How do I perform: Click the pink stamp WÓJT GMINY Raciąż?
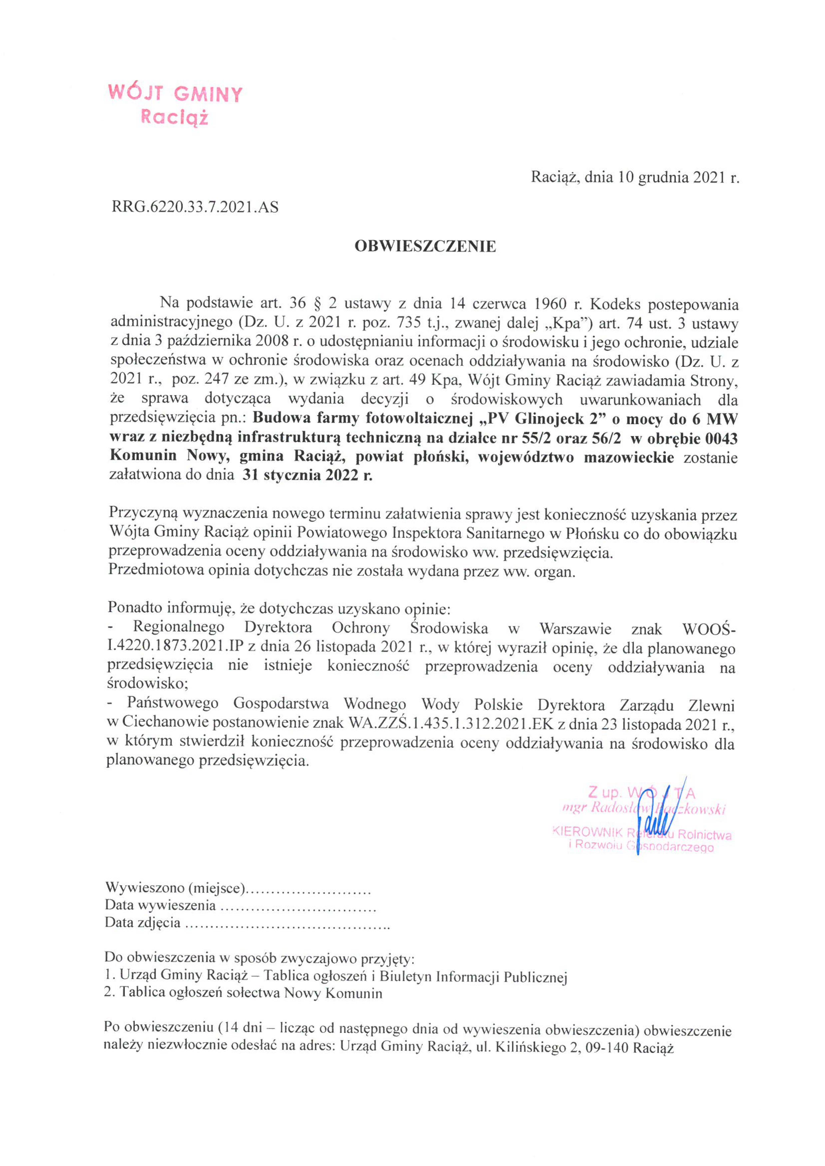175,105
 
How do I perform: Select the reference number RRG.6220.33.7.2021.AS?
195,207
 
